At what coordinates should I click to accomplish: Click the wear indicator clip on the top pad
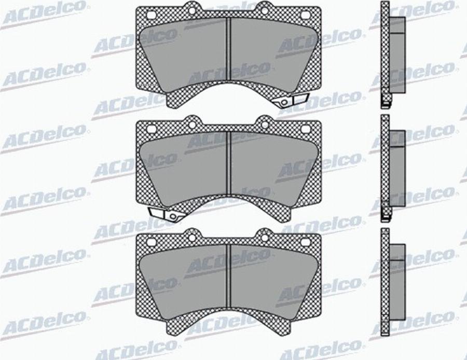click(291, 100)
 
